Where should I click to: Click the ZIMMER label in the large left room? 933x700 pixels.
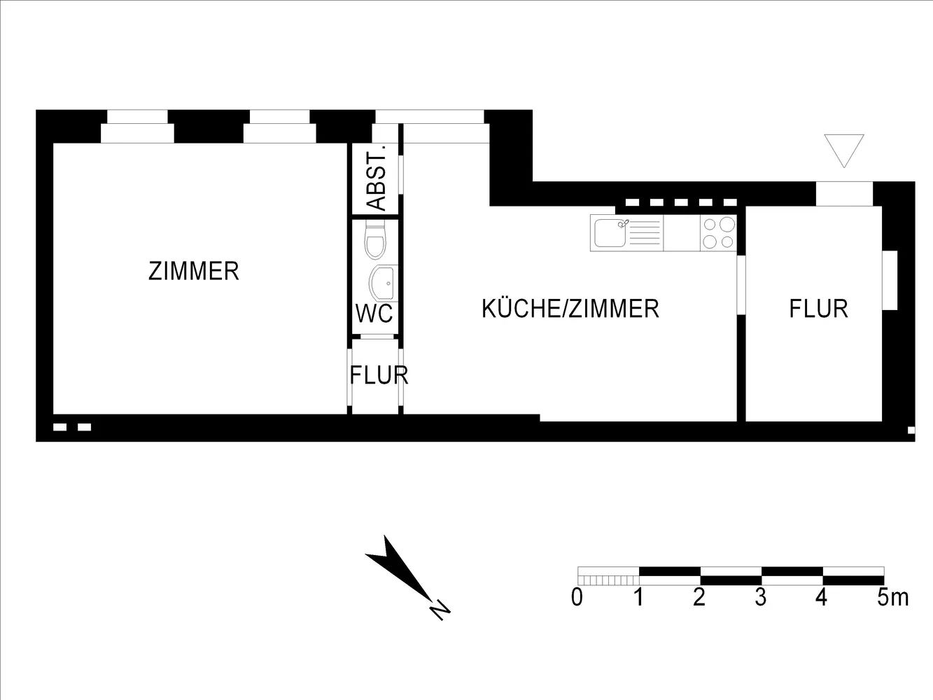tap(194, 271)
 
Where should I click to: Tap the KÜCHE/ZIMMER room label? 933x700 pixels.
tap(570, 309)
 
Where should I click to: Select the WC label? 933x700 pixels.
tap(374, 314)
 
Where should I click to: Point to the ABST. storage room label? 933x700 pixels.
tap(377, 178)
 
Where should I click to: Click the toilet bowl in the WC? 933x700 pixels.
tap(375, 239)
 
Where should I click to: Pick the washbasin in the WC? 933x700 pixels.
tap(384, 283)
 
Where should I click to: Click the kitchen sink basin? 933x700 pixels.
tap(610, 233)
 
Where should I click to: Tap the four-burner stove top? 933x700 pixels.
tap(718, 233)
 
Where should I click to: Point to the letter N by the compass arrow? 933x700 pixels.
tap(440, 610)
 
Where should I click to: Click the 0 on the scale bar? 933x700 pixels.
tap(577, 598)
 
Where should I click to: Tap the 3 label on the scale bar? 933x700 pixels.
tap(760, 598)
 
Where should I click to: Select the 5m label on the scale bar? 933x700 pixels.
tap(892, 598)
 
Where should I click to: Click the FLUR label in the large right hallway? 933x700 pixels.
tap(819, 309)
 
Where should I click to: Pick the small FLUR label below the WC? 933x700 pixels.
tap(379, 375)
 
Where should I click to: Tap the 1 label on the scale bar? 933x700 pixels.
tap(638, 598)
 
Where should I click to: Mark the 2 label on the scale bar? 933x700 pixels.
tap(699, 598)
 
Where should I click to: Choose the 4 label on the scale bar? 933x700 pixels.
tap(821, 598)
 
